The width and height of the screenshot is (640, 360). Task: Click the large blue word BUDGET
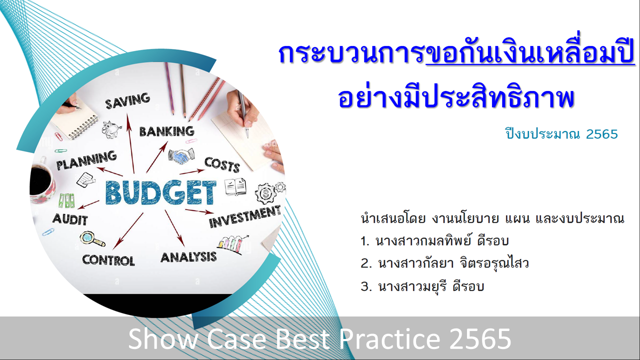click(x=161, y=192)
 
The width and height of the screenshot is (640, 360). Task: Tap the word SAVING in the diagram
click(x=127, y=100)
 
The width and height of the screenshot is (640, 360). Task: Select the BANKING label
click(x=167, y=131)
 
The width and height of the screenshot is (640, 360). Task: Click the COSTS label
click(x=222, y=165)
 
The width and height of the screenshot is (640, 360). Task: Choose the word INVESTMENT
click(x=245, y=217)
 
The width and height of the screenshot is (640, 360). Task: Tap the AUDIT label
click(x=70, y=219)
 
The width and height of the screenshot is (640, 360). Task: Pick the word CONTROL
click(x=108, y=260)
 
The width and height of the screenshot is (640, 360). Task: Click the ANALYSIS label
click(x=188, y=257)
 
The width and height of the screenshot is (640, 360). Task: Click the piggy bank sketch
click(x=111, y=129)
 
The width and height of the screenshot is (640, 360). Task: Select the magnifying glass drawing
click(x=92, y=239)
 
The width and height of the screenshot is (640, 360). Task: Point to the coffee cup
click(x=42, y=179)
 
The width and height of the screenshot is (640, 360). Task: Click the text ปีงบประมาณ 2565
click(x=561, y=134)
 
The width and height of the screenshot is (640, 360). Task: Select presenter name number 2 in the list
click(x=444, y=263)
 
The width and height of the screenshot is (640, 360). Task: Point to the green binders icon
click(x=67, y=200)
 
